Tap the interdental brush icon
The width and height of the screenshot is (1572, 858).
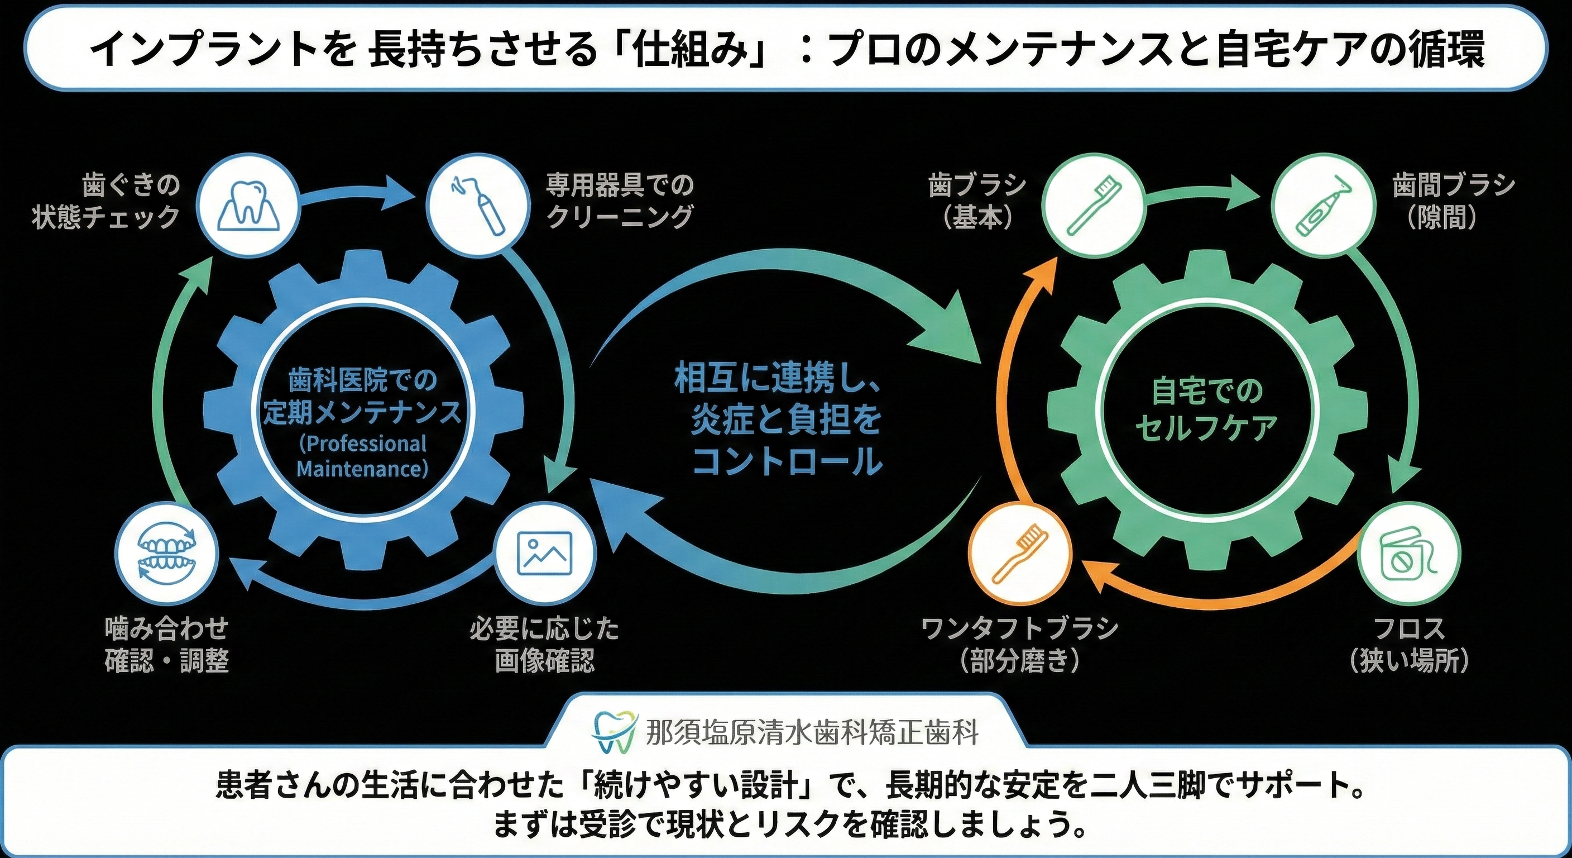(1322, 204)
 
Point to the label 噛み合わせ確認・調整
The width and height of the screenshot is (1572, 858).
(166, 644)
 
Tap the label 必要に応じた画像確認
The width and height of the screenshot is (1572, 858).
(544, 644)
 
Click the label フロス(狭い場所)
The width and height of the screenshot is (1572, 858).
(1410, 644)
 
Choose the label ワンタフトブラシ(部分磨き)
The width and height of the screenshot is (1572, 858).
(1020, 644)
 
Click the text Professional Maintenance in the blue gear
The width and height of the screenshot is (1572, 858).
(362, 456)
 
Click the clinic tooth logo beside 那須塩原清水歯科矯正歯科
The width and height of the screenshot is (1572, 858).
(616, 732)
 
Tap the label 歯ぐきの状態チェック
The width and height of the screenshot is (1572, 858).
(106, 201)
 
